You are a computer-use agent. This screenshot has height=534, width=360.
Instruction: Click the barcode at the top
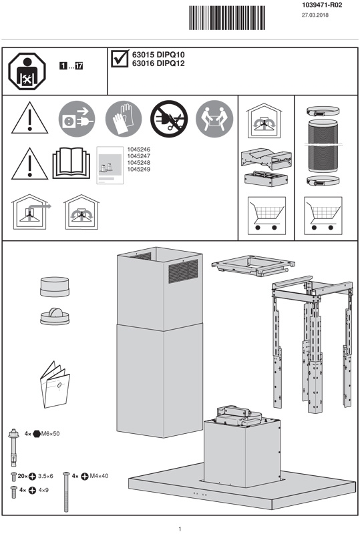point(227,18)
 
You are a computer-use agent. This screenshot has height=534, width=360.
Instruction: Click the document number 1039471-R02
point(322,5)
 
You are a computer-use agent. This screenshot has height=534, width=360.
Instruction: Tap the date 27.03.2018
point(315,15)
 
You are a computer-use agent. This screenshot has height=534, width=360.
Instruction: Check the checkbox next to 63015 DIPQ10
point(120,58)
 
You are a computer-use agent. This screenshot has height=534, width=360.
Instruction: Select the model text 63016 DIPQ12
point(158,63)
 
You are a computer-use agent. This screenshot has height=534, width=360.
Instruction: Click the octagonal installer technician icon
point(27,71)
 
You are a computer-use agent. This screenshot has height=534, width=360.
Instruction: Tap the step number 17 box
point(79,66)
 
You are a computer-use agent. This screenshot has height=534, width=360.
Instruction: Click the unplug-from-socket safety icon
point(77,119)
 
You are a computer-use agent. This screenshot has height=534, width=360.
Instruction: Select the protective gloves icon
point(124,119)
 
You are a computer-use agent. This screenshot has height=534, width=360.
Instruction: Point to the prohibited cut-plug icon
point(169,119)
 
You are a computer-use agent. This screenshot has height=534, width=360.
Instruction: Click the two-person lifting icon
point(214,119)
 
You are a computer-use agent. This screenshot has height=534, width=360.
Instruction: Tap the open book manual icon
point(71,163)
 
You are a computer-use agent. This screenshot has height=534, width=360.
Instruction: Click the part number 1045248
point(139,163)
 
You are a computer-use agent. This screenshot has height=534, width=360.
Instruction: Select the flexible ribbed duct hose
point(323,146)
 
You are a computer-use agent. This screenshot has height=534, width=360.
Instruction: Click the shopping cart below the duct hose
point(323,216)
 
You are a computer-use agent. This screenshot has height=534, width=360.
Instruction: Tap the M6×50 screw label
point(51,433)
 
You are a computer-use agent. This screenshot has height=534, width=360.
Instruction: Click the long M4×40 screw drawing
point(66,492)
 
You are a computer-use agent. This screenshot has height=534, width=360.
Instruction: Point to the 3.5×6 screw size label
point(45,476)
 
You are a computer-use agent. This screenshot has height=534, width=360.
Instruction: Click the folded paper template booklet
point(55,384)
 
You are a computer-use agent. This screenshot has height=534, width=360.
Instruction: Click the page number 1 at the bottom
point(180,529)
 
